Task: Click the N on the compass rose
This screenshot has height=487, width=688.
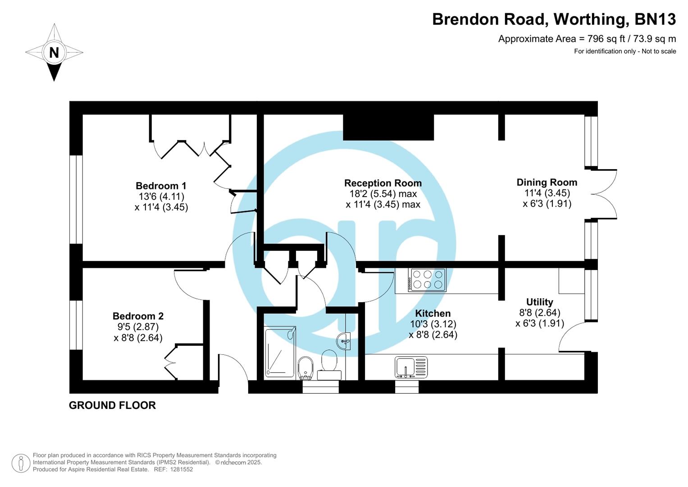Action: click(54, 53)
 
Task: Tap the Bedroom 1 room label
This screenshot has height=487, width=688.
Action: click(161, 186)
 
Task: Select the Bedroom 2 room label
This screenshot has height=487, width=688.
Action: click(138, 316)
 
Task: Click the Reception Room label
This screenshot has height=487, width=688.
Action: click(383, 183)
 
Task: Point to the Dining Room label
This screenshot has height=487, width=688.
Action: click(547, 182)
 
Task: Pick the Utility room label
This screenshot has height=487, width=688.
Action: click(539, 302)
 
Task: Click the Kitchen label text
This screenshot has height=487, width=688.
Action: click(433, 313)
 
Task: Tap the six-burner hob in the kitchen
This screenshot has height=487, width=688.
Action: click(427, 280)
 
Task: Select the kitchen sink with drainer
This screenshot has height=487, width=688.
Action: click(411, 367)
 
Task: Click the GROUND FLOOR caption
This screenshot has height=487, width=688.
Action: click(112, 405)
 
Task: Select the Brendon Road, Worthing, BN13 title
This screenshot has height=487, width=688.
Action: click(554, 19)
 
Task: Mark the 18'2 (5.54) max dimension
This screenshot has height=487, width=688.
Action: click(383, 194)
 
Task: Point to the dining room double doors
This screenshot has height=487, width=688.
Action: click(604, 194)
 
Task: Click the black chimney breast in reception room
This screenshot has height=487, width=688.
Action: click(388, 127)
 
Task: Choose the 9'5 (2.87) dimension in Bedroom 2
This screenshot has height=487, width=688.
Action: click(138, 327)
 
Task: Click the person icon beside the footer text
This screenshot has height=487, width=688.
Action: click(21, 463)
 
